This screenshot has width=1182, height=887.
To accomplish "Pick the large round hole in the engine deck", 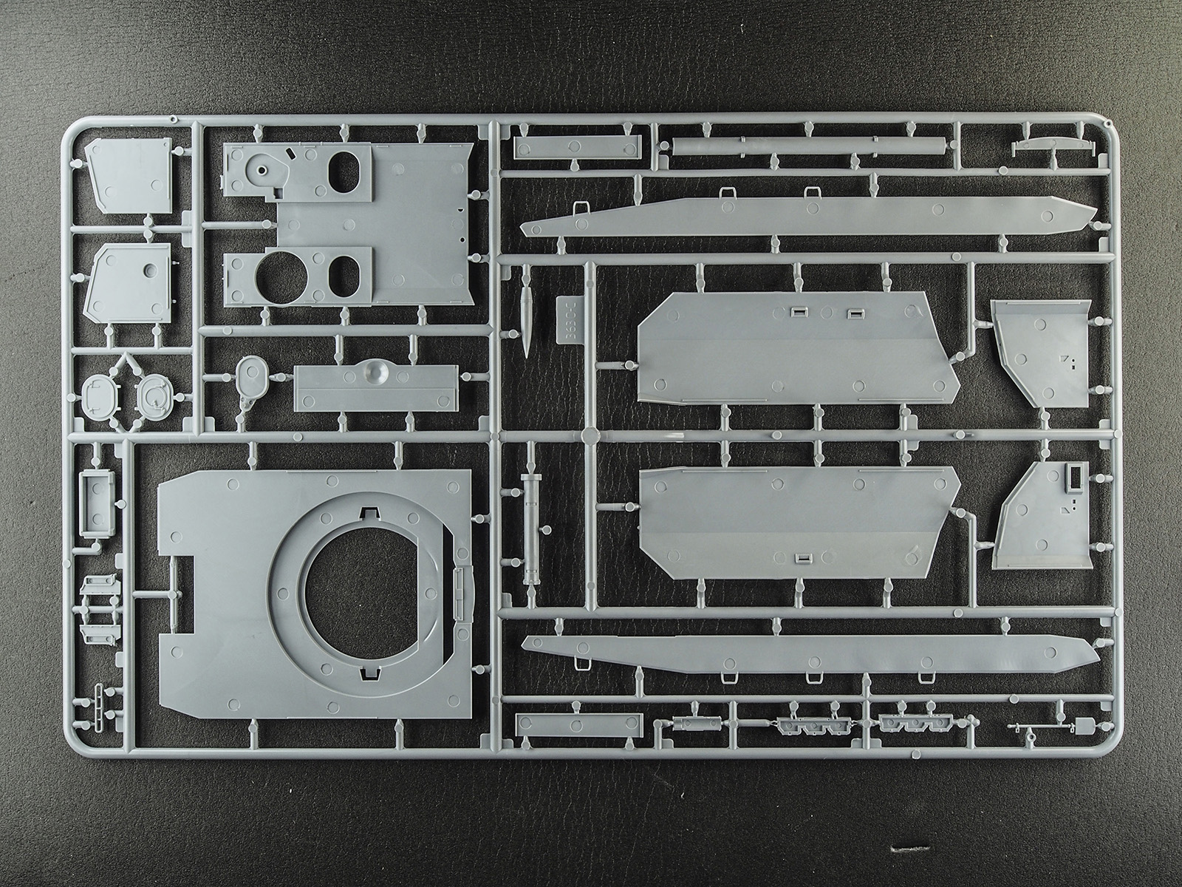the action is [x=280, y=274].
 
